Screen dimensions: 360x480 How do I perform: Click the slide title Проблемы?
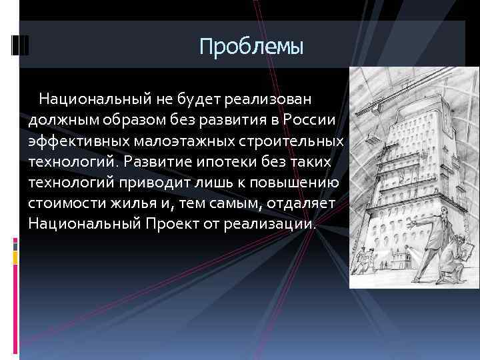pyautogui.click(x=251, y=47)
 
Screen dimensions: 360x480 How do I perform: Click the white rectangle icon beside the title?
pyautogui.click(x=21, y=44)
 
